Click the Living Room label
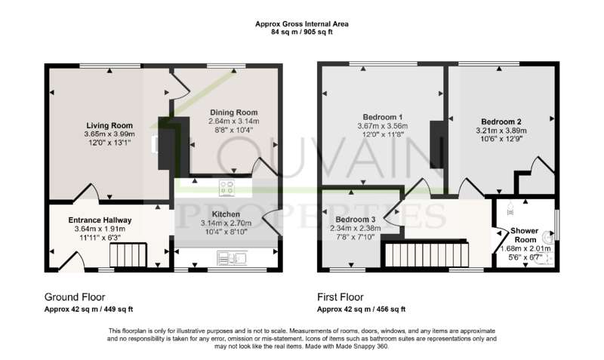point(109,125)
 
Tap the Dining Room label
point(234,112)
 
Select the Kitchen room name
point(226,214)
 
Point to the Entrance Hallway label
point(100,220)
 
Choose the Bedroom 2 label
point(501,122)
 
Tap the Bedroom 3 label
point(355,220)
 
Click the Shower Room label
point(525,235)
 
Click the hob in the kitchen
point(226,188)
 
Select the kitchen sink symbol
point(232,258)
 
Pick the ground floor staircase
point(128,255)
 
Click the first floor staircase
point(427,254)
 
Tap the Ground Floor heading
point(75,297)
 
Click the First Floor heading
point(341,297)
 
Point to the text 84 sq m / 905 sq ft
point(301,32)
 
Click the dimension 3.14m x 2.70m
point(226,223)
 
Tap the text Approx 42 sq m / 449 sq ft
point(88,309)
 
